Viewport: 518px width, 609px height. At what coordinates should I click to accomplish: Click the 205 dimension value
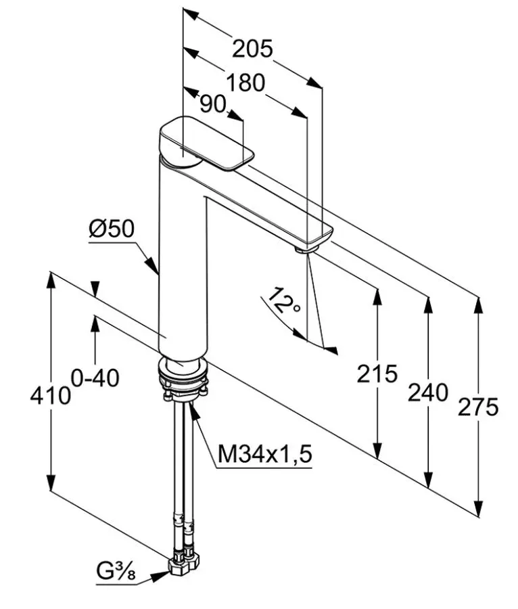click(253, 49)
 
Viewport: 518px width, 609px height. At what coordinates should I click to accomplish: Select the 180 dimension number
click(245, 83)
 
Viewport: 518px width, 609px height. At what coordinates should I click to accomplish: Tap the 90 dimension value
click(212, 104)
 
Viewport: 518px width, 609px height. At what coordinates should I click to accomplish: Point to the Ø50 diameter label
click(112, 229)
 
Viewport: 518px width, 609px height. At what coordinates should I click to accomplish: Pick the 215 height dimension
click(377, 374)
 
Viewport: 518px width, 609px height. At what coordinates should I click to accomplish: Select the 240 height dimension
click(428, 392)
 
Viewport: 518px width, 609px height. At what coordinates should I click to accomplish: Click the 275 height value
click(478, 407)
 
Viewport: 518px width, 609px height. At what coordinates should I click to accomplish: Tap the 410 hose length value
click(51, 396)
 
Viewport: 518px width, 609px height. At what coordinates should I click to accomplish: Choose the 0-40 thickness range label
click(95, 378)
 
